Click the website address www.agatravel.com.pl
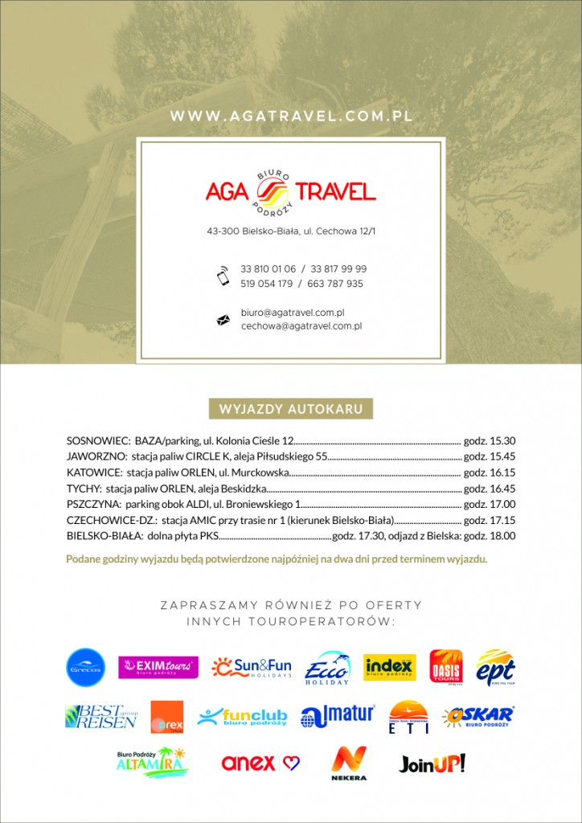(291, 116)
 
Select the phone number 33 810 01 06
(268, 268)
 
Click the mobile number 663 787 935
(334, 284)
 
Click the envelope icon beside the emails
(223, 320)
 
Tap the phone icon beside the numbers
(223, 276)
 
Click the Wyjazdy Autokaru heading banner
(291, 409)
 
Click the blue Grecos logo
(86, 667)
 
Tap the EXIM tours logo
(158, 667)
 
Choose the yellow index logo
(390, 667)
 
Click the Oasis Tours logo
(446, 666)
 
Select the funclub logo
(242, 716)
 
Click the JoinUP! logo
(432, 763)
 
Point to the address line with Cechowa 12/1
(291, 231)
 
